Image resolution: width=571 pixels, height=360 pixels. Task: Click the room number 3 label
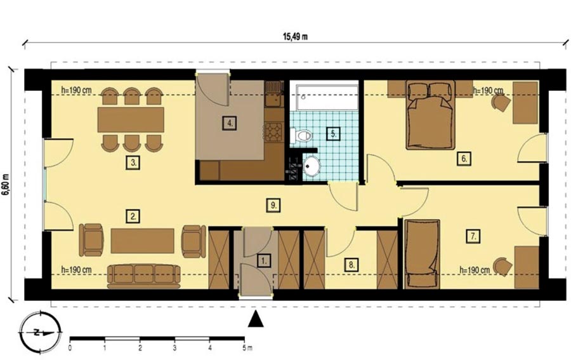pos(133,163)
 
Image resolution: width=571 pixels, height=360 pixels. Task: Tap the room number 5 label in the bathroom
pos(333,133)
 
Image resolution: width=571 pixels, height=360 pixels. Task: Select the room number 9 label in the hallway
pos(273,205)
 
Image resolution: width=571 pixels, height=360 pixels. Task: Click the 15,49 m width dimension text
pos(295,36)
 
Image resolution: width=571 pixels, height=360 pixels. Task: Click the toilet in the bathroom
pos(301,136)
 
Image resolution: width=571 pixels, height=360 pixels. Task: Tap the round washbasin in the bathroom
pos(311,166)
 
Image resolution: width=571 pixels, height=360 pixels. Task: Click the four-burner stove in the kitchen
pos(274,131)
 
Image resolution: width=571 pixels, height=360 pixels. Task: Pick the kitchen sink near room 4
pos(274,93)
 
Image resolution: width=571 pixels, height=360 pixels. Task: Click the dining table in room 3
pos(131,119)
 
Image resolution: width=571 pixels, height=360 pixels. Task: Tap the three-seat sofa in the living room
pos(144,276)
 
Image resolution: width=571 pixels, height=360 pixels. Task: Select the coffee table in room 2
pos(142,241)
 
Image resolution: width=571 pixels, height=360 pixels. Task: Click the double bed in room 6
pos(431,115)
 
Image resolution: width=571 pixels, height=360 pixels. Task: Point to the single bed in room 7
pos(423,253)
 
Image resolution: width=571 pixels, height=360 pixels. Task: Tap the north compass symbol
pos(40,332)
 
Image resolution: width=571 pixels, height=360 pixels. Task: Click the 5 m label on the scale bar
pos(247,348)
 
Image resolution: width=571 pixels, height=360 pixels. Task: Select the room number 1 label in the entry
pos(264,260)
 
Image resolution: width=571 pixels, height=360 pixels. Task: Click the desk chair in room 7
pos(502,267)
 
